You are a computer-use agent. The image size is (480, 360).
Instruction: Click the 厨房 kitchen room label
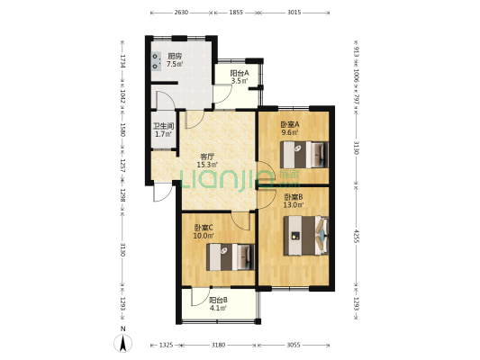click(175, 57)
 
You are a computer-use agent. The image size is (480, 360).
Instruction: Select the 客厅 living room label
click(207, 157)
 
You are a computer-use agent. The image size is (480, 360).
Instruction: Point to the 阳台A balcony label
click(240, 74)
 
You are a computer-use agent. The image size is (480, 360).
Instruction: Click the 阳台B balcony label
click(218, 301)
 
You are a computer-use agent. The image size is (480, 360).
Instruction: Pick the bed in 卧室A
click(304, 155)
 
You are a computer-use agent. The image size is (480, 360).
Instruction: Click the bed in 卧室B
click(306, 236)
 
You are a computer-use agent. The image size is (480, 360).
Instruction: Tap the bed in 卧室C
click(231, 256)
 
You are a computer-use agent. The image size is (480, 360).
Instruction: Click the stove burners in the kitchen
click(157, 61)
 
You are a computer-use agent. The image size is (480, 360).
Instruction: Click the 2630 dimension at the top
click(181, 13)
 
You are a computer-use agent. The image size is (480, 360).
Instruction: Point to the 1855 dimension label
click(236, 13)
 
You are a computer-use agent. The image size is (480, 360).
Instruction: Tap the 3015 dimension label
click(294, 13)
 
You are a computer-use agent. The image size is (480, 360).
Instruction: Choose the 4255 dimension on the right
click(356, 236)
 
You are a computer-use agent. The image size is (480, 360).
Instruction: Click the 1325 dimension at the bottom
click(167, 345)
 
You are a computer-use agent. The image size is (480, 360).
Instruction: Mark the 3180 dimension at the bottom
click(218, 345)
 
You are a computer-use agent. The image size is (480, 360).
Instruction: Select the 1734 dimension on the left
click(122, 61)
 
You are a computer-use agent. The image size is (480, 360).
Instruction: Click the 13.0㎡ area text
click(294, 205)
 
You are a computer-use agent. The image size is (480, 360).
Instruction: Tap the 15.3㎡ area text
click(207, 165)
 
